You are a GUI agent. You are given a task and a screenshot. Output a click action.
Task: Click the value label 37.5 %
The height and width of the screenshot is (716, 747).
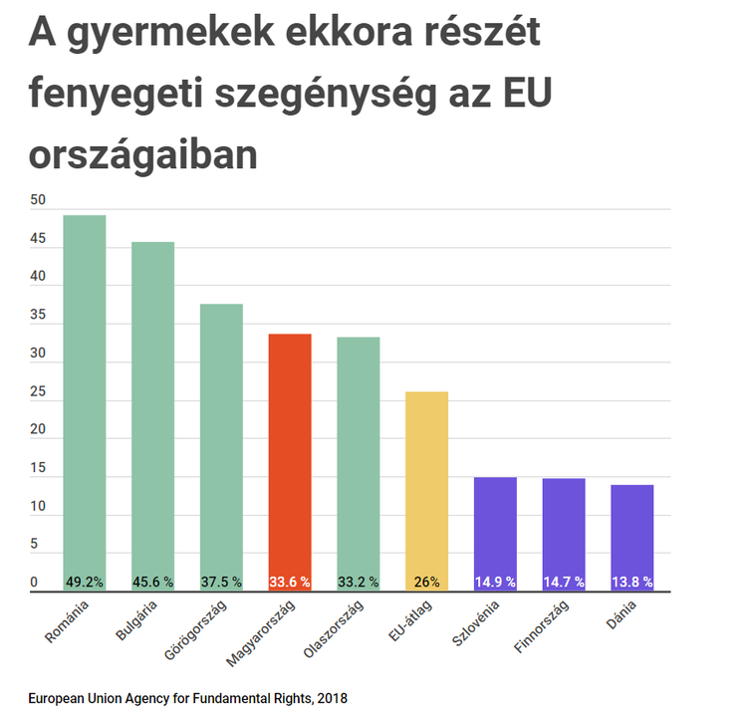(221, 582)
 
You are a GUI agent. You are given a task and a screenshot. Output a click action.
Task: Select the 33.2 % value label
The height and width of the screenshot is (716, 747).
(358, 582)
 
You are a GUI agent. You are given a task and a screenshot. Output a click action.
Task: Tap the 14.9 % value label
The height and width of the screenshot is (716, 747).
(495, 582)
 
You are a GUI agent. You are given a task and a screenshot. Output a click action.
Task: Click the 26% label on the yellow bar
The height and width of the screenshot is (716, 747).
(426, 582)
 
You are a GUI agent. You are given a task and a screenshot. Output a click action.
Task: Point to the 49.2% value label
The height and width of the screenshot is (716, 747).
(85, 582)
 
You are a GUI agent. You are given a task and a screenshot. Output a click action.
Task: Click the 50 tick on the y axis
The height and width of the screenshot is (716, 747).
(38, 200)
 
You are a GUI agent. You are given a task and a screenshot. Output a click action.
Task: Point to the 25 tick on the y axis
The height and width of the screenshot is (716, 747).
(38, 392)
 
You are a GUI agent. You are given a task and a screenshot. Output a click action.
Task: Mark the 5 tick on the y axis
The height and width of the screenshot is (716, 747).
(34, 545)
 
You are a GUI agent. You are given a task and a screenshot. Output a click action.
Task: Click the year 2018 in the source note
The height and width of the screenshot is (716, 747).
(331, 698)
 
